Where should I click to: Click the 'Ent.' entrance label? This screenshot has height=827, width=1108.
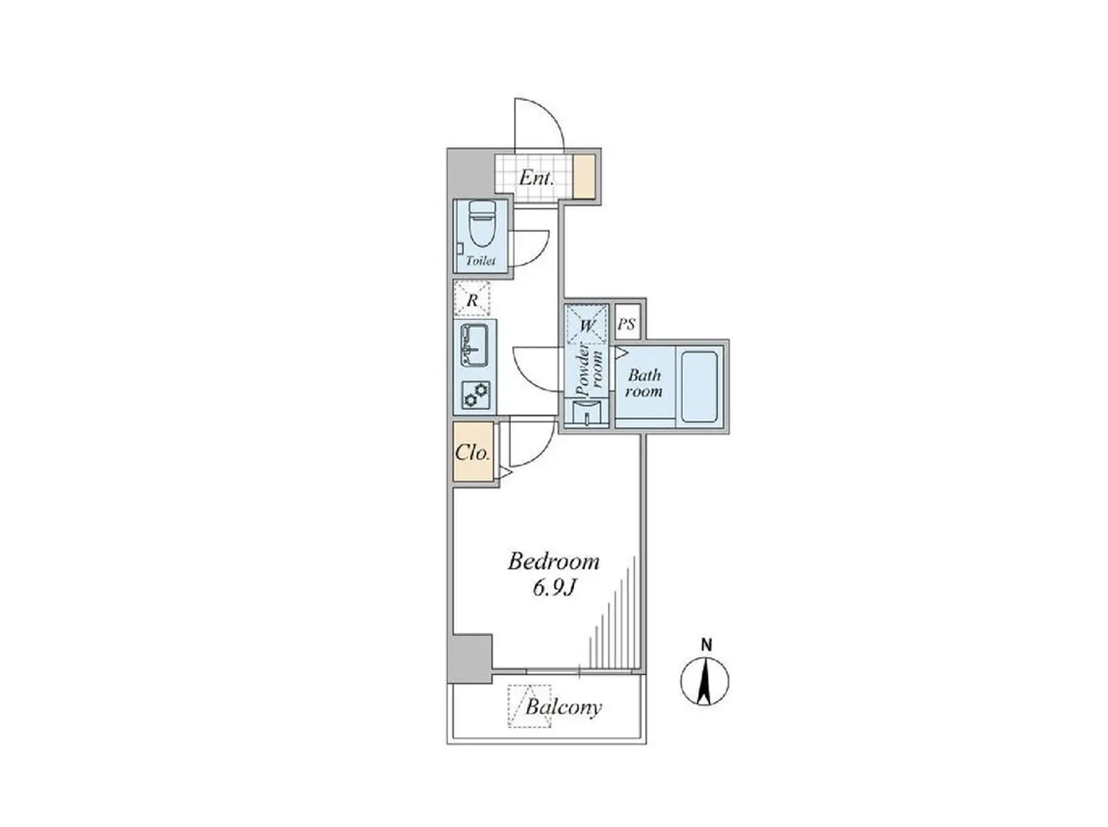click(537, 178)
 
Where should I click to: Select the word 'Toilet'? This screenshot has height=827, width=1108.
click(480, 261)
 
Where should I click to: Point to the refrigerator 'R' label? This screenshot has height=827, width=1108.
click(472, 301)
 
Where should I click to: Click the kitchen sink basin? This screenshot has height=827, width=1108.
click(474, 345)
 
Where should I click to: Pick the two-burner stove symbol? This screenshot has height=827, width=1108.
click(475, 394)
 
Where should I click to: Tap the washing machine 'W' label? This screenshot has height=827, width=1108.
click(587, 326)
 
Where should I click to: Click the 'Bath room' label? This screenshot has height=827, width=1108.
click(644, 383)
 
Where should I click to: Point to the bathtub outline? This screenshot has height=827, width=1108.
click(699, 387)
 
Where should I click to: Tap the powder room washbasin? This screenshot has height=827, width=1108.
click(587, 413)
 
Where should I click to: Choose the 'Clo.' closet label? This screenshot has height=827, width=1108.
click(473, 452)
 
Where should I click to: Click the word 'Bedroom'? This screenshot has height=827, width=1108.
click(553, 562)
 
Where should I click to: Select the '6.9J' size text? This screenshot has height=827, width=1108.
click(553, 588)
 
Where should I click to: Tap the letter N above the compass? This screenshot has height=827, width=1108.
click(706, 645)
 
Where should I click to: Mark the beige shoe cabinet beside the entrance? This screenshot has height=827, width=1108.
click(585, 177)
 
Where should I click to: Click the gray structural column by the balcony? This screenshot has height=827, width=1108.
click(470, 659)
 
